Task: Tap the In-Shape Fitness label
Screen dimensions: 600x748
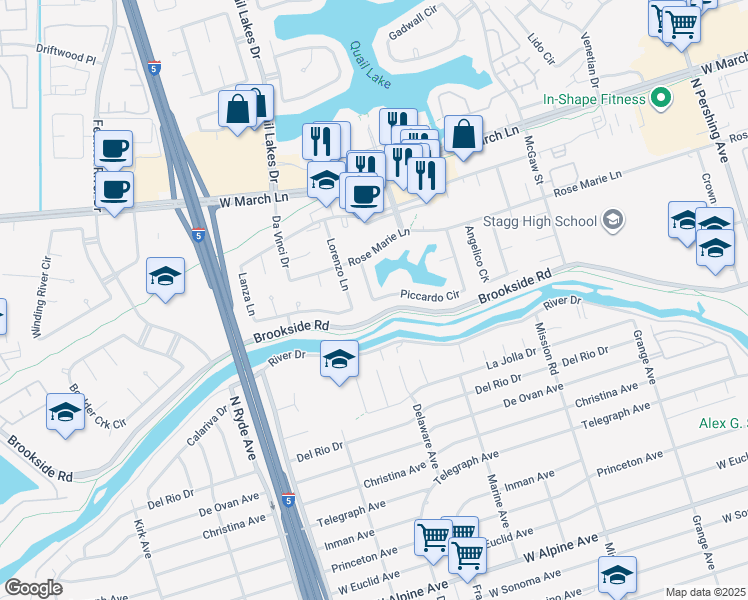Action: [593, 99]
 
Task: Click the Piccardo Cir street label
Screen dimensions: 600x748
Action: [429, 295]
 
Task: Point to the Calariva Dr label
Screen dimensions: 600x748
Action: [208, 426]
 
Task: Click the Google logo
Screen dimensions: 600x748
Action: [33, 588]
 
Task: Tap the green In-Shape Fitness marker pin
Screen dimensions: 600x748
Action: [659, 99]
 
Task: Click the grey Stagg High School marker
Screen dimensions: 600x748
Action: [612, 221]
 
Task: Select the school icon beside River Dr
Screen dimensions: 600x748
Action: [339, 359]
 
